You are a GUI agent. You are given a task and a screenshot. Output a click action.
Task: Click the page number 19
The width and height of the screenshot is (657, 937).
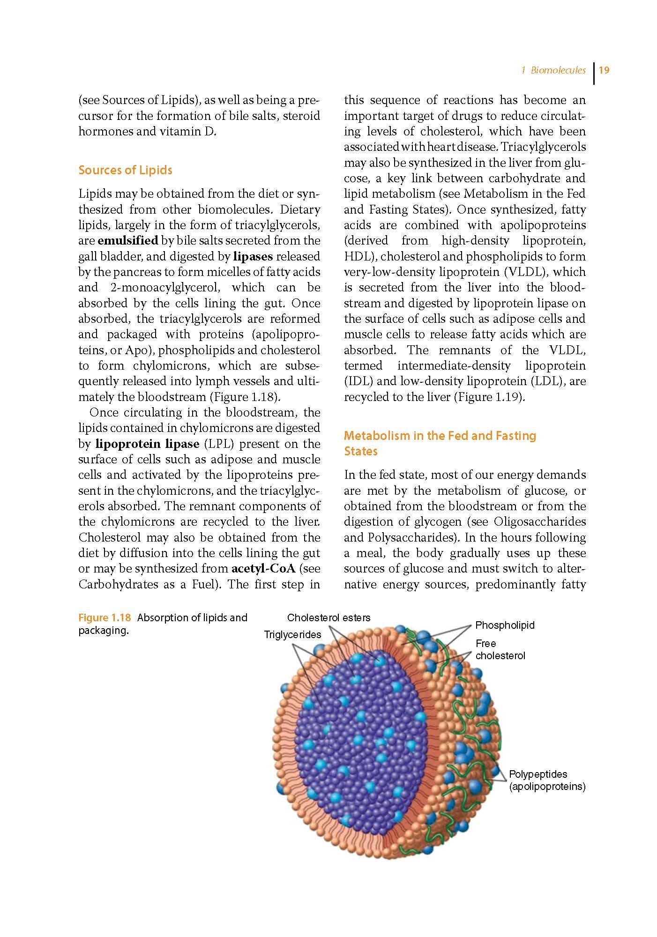[x=604, y=70]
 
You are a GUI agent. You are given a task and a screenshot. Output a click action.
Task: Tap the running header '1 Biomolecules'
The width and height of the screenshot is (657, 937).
[x=553, y=70]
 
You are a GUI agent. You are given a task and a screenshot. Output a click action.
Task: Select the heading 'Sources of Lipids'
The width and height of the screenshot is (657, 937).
[x=125, y=170]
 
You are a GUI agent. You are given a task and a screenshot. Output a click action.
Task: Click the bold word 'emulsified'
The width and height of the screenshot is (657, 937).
[x=127, y=241]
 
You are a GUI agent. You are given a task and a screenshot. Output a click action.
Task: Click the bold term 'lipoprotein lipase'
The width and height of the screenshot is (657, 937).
[x=147, y=444]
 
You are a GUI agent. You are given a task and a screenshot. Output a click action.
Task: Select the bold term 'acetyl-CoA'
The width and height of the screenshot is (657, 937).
[x=263, y=569]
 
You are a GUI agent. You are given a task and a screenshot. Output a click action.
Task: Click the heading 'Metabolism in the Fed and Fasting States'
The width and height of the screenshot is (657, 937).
[x=440, y=443]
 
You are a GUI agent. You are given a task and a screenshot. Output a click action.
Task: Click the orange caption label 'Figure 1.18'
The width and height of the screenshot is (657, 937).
[x=105, y=617]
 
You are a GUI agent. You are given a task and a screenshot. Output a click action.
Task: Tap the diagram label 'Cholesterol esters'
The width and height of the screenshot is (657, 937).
[x=328, y=617]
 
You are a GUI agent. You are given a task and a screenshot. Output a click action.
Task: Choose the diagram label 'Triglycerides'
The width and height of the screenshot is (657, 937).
[x=292, y=635]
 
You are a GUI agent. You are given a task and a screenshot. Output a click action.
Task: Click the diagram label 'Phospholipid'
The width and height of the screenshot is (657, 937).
[x=505, y=625]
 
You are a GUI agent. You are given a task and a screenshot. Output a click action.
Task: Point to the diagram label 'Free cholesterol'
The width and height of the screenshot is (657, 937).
[x=500, y=650]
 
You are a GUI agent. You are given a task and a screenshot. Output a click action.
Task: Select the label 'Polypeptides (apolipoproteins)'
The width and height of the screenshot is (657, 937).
[x=547, y=781]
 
